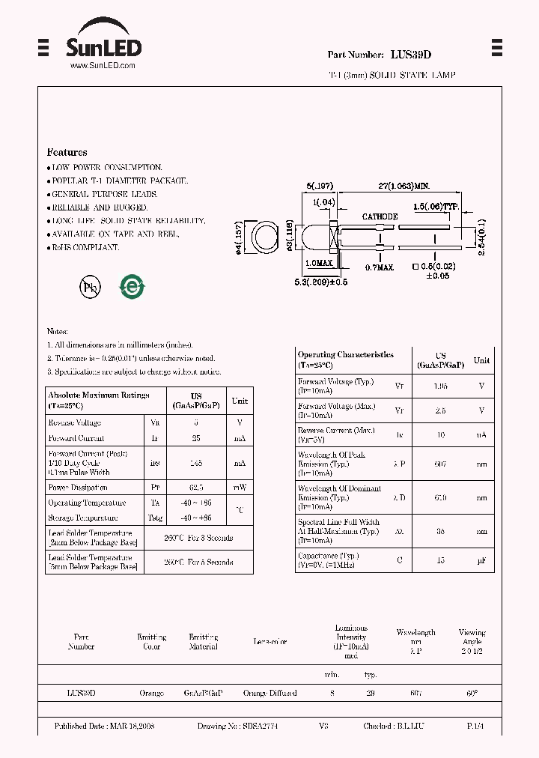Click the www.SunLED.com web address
point(103,66)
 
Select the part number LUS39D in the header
point(411,55)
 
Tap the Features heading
point(67,152)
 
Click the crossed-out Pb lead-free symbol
point(90,287)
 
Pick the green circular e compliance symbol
point(133,286)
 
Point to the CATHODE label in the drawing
point(380,216)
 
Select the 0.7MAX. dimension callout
point(380,267)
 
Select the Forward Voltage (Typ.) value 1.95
point(442,385)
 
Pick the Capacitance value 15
point(442,560)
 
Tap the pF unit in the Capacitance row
point(481,560)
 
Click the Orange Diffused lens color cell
point(269,694)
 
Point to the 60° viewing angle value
point(472,694)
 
